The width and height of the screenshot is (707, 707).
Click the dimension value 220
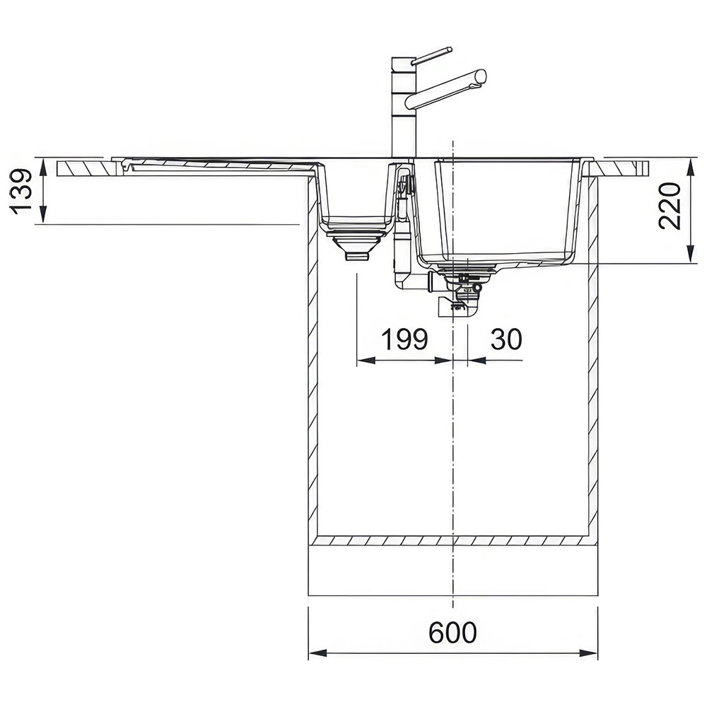670,206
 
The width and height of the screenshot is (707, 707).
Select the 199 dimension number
404,339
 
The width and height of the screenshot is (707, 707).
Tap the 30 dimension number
506,339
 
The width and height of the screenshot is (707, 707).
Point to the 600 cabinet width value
452,633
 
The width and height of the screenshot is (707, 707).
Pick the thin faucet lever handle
432,54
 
